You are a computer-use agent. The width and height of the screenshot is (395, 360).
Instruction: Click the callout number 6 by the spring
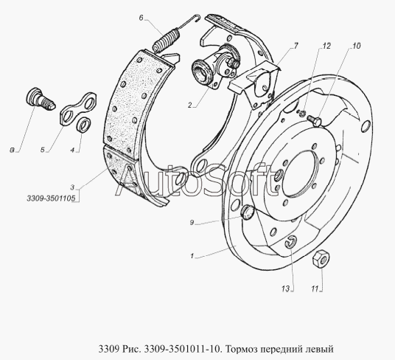[x=141, y=18]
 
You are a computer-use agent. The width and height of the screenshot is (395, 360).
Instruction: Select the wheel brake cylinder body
[x=215, y=66]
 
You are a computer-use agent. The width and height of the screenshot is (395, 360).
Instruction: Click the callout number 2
[x=190, y=105]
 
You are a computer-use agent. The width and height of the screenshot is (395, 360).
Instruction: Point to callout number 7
[x=296, y=46]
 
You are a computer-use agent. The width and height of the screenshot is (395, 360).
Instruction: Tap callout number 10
[x=357, y=46]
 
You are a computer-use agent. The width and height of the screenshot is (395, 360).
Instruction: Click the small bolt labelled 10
[x=314, y=120]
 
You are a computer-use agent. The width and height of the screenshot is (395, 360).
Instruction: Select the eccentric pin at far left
[x=41, y=99]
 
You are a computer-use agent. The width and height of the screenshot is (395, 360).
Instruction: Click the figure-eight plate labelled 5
[x=77, y=109]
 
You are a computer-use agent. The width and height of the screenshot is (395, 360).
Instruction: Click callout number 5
[x=42, y=150]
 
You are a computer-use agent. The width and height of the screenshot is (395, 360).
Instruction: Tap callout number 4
[x=72, y=150]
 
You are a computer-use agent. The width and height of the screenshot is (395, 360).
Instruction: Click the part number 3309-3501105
[x=51, y=198]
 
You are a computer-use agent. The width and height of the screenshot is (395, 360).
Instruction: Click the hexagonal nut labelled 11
[x=321, y=259]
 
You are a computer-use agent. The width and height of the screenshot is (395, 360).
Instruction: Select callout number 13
[x=286, y=289]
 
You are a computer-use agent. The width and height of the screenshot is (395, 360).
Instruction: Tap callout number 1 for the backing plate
[x=192, y=256]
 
